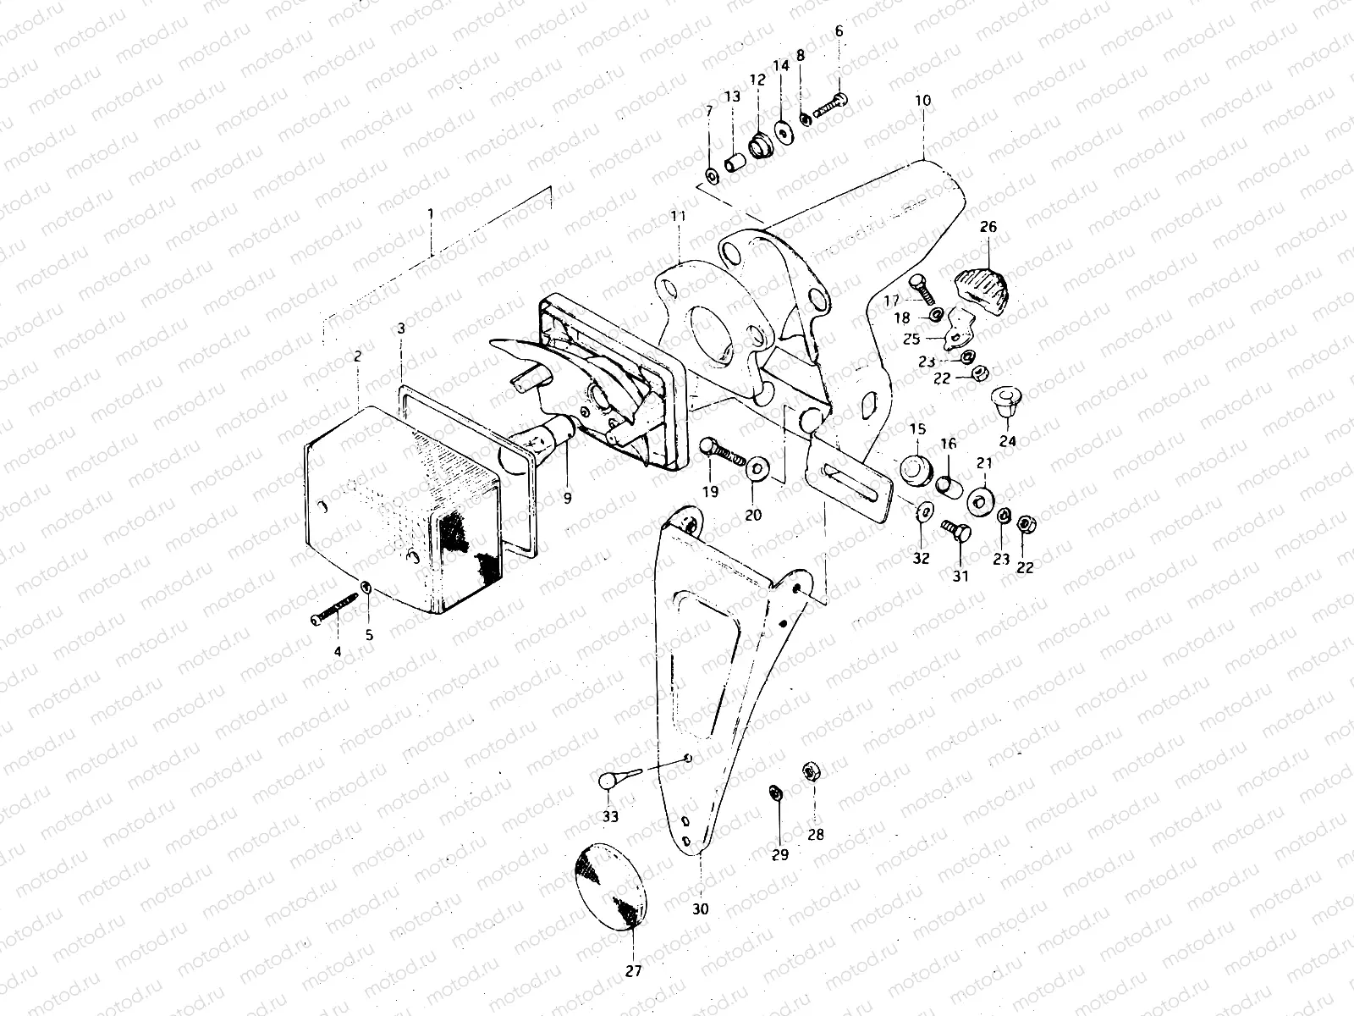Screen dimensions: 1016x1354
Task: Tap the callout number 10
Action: click(x=922, y=100)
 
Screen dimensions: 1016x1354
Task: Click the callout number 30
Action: click(x=700, y=909)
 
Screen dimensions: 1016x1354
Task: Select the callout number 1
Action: click(x=431, y=215)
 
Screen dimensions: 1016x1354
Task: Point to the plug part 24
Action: click(x=1006, y=401)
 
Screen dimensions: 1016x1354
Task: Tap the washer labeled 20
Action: click(x=755, y=467)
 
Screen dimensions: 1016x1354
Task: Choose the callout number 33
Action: click(x=610, y=816)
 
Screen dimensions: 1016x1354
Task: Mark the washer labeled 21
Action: click(x=982, y=500)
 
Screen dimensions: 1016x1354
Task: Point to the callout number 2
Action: click(x=358, y=356)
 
